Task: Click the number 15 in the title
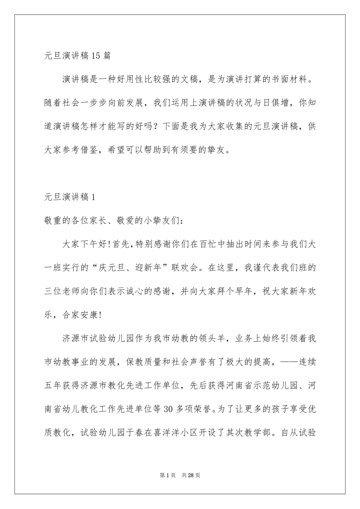point(95,56)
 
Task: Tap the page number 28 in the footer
point(191,475)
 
